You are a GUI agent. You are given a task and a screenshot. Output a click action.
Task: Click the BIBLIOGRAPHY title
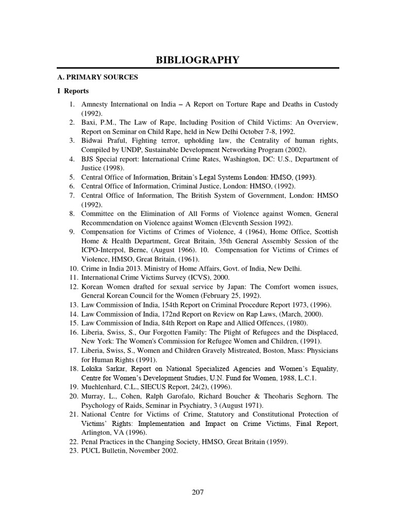point(197,60)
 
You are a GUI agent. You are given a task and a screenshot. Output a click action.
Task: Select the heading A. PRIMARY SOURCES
point(97,77)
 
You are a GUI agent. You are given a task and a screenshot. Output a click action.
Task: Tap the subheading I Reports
point(73,91)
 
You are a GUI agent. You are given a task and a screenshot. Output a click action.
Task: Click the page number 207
point(197,492)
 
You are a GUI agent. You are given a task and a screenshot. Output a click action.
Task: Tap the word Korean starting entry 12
point(93,286)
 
